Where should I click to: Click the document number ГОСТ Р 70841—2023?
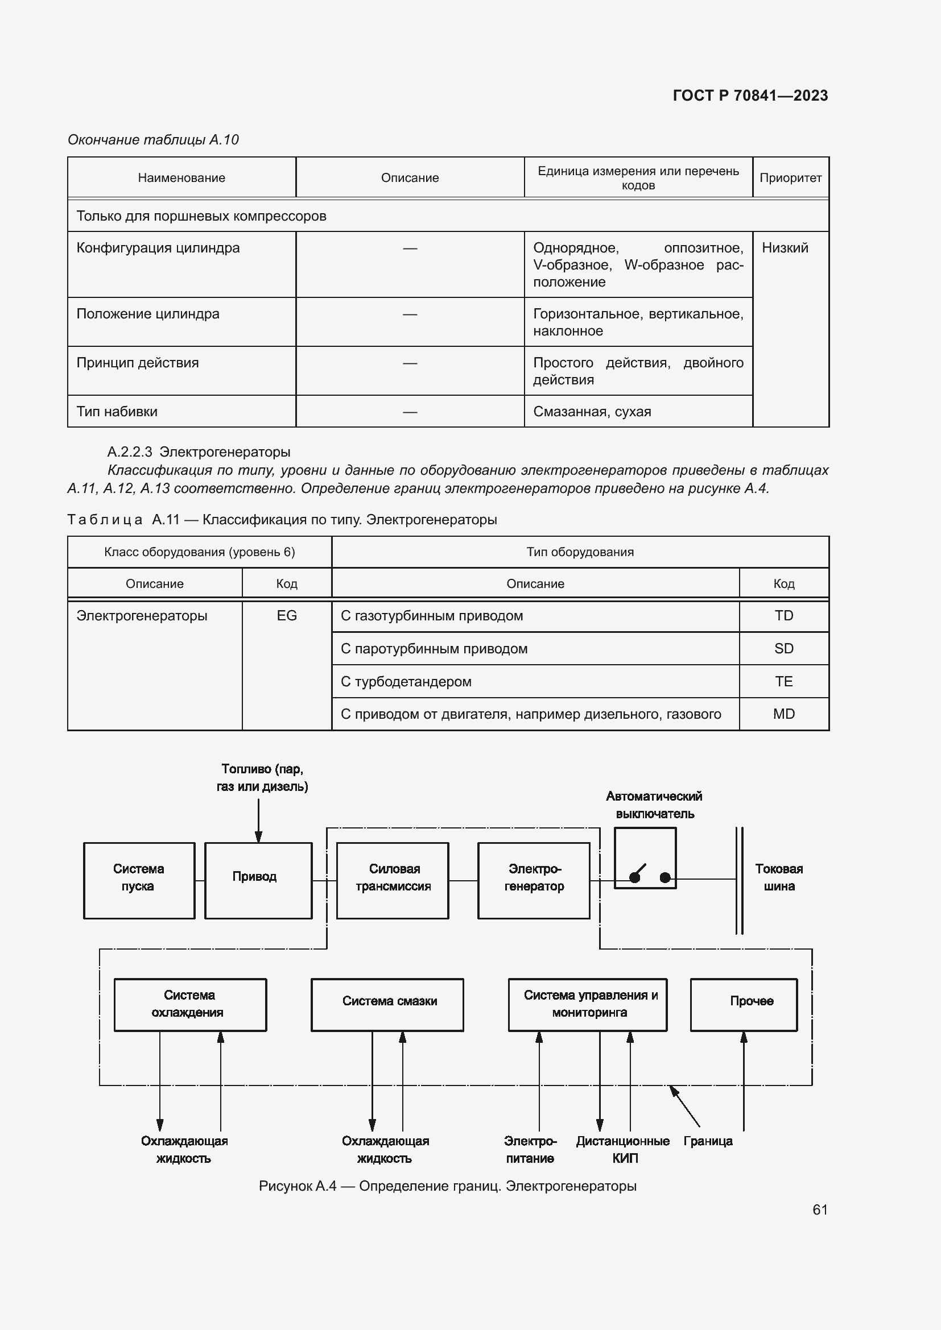[750, 96]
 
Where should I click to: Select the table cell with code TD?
[783, 616]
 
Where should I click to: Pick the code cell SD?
[783, 649]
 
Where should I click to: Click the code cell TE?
[783, 681]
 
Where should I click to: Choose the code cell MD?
[783, 714]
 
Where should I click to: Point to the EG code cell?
[287, 616]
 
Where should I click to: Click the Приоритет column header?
[790, 178]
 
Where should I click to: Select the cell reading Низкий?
[785, 248]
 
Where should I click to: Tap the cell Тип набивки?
[117, 412]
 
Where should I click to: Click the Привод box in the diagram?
[258, 880]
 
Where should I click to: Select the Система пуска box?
[138, 880]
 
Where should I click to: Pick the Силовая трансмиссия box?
[393, 880]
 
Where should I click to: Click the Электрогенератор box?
[534, 880]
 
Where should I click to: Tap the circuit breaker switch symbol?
[645, 859]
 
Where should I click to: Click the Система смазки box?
[387, 1005]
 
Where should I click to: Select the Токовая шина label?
[779, 877]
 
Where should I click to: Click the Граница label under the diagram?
[708, 1141]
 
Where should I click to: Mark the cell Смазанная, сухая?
[592, 412]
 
